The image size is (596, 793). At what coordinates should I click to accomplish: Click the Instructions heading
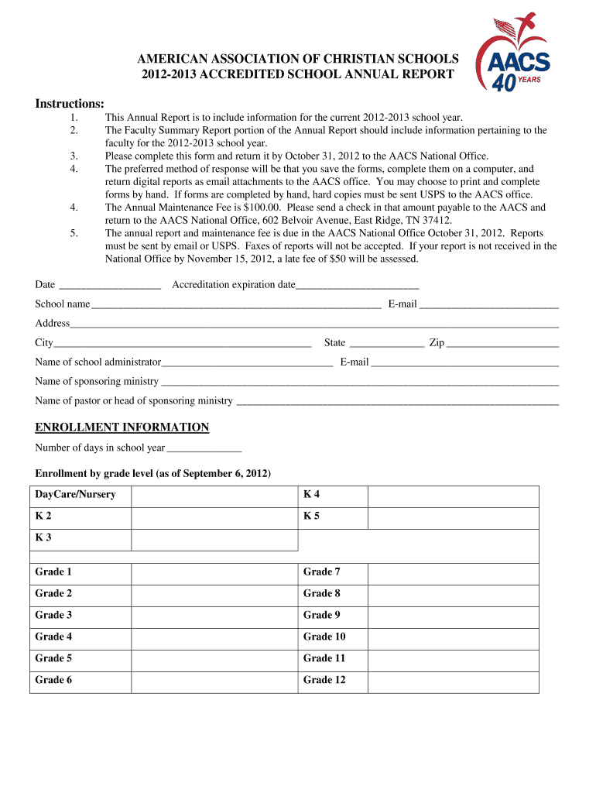70,104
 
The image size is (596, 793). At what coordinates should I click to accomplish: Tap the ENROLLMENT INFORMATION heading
122,427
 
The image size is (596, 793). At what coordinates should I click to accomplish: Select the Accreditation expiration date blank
357,286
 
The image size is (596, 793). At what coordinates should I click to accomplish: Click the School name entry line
235,305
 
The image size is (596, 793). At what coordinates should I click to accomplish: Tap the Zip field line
502,344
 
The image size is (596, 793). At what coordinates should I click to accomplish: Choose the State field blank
386,344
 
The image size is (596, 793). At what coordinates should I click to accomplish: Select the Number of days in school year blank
204,449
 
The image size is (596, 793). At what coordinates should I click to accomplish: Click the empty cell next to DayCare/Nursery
214,496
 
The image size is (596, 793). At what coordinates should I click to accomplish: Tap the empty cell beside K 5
453,518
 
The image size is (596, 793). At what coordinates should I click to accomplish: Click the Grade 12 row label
324,680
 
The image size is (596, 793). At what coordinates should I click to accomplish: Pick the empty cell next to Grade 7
453,573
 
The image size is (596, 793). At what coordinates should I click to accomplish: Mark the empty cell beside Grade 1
214,573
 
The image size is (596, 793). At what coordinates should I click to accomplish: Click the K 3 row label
44,537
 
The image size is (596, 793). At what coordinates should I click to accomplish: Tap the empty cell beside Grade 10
453,637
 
